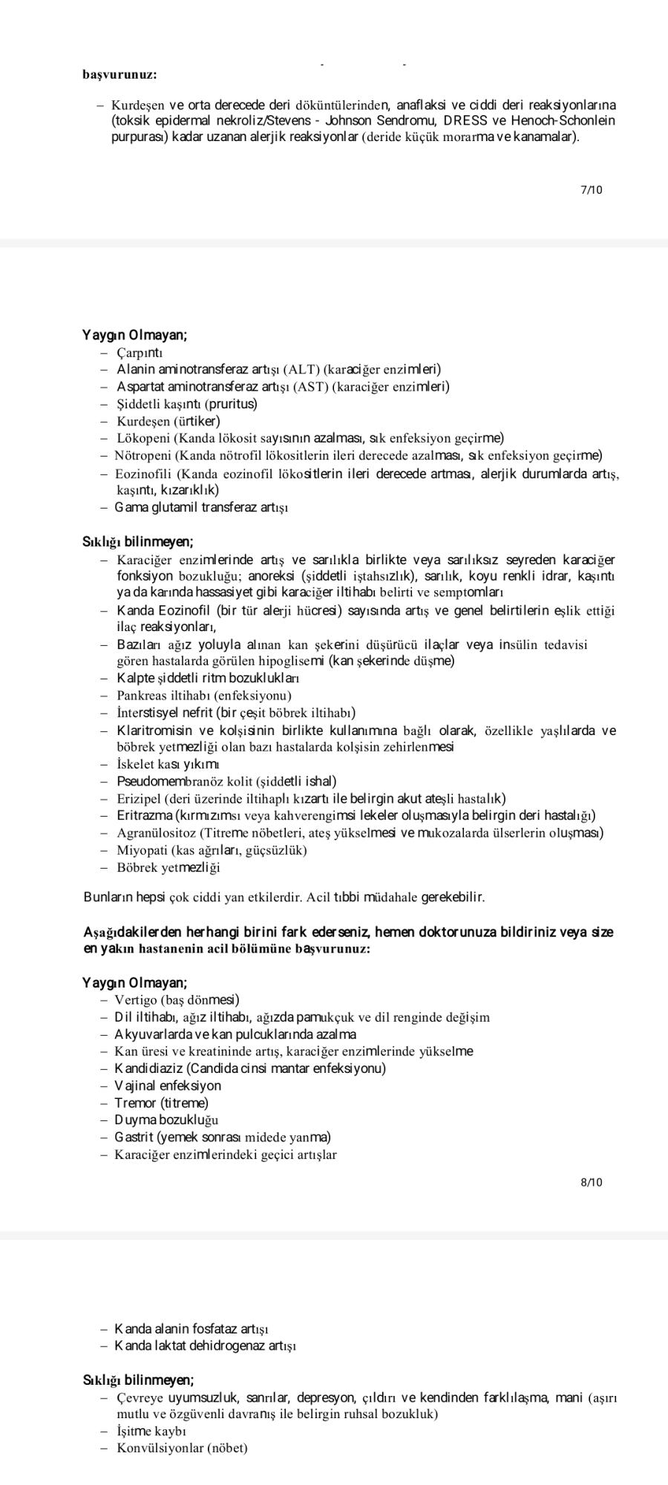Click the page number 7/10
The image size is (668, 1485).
(591, 190)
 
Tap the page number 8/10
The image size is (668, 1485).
(591, 1182)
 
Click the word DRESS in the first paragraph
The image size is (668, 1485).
(464, 120)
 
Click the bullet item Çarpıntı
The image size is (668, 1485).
(140, 353)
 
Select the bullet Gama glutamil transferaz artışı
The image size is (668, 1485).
(201, 508)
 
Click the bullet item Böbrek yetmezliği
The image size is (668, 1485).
(168, 867)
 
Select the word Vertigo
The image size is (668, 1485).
(135, 1000)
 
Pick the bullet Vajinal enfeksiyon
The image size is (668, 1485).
(168, 1086)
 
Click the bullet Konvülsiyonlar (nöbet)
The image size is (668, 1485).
(183, 1448)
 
